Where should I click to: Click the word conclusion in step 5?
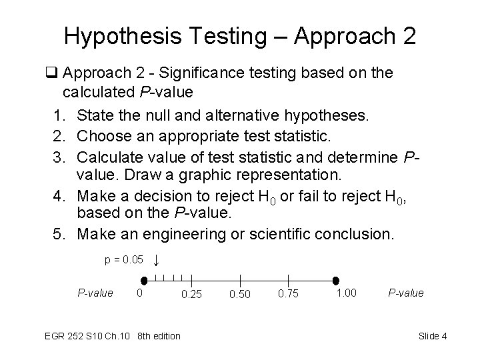360,235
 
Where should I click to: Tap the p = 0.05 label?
124,259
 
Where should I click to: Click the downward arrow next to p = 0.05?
155,260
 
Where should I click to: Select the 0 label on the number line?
139,293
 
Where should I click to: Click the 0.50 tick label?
240,294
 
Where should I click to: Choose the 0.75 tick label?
288,294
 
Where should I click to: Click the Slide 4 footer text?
433,336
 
